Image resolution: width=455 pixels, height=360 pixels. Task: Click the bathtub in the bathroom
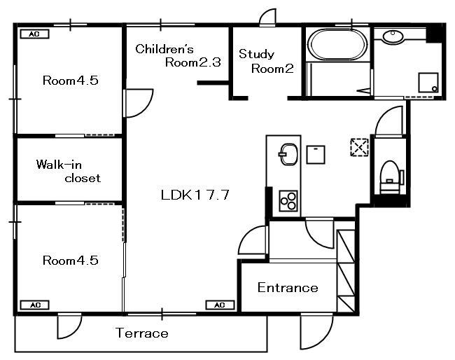[337, 45]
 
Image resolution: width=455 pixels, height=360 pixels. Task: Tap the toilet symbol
[391, 177]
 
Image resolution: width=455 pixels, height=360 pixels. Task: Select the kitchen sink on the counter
[288, 154]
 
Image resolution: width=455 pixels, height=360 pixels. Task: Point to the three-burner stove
[288, 200]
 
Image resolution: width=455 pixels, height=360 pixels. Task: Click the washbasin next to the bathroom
[393, 36]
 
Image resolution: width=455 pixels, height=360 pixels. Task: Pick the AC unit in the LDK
[220, 305]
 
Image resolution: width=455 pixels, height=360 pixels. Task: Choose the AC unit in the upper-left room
[34, 34]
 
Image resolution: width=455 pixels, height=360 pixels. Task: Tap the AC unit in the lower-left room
[34, 305]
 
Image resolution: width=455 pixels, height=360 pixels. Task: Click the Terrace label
[142, 333]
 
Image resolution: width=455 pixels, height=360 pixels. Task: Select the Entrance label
[288, 288]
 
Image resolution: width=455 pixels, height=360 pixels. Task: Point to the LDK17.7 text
[195, 195]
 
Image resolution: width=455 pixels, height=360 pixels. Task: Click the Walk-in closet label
[68, 172]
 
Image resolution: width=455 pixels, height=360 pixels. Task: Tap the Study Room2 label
[266, 61]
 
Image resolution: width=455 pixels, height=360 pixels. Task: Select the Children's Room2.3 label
[178, 55]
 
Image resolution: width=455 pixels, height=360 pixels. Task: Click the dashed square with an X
[360, 148]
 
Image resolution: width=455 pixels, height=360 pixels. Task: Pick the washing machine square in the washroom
[428, 83]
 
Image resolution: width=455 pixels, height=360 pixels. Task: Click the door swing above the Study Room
[267, 18]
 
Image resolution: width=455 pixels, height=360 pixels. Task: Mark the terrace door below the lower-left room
[69, 326]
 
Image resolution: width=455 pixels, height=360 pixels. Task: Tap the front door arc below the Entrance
[317, 332]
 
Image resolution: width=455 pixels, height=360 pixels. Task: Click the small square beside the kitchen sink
[316, 155]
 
